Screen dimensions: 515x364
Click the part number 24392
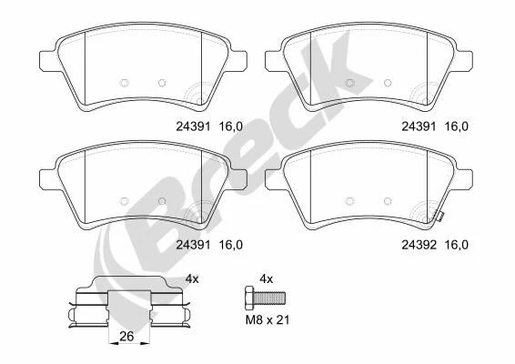419,245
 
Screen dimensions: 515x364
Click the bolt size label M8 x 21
268,319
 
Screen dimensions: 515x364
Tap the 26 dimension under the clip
126,337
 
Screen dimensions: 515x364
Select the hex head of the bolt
249,298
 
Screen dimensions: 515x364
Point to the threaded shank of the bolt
270,298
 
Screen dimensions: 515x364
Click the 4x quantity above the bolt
266,279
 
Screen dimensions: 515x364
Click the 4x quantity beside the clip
192,279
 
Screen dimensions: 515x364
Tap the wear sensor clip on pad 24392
439,217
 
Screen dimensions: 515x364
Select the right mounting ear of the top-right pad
464,61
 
